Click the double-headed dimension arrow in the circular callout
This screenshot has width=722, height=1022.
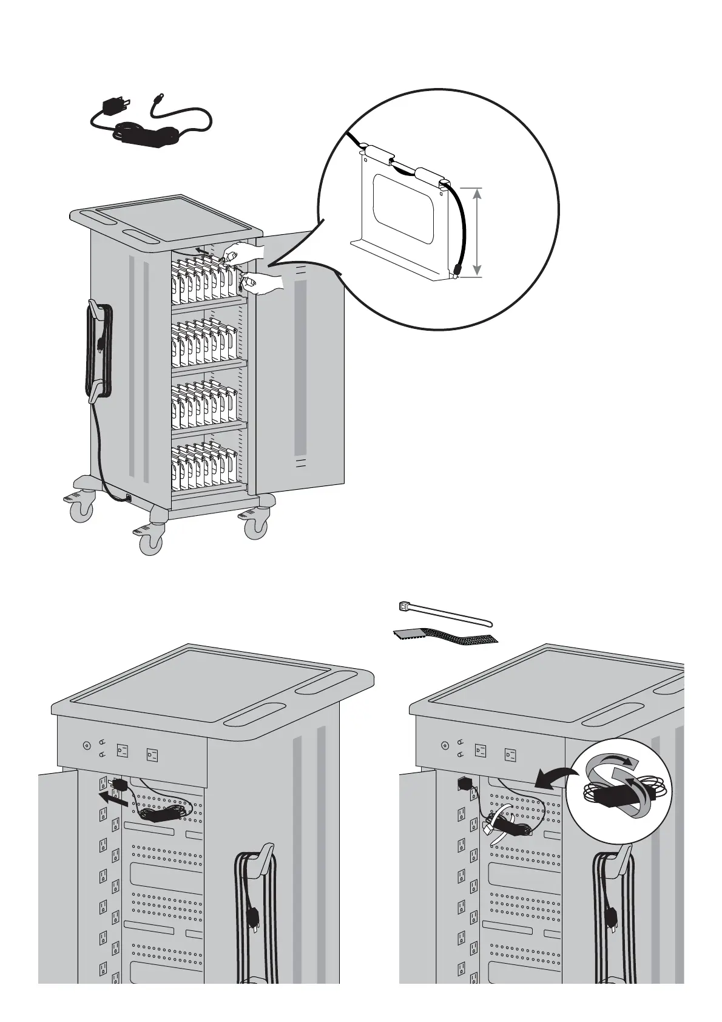(477, 232)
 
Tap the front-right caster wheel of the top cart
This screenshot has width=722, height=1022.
(255, 527)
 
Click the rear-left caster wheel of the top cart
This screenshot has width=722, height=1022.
(82, 511)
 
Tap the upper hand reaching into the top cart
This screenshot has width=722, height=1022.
(241, 250)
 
